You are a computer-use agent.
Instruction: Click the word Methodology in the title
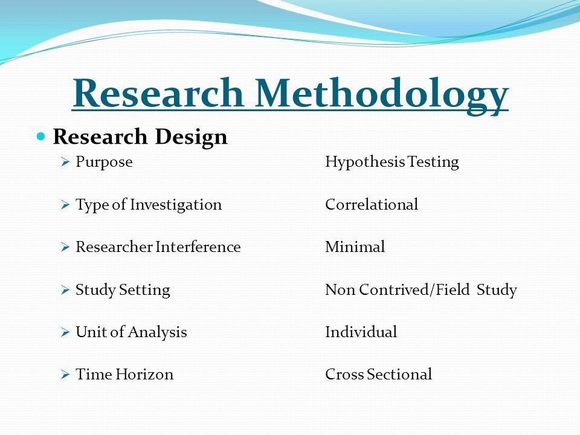click(x=382, y=95)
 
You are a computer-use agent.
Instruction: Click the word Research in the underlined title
click(x=158, y=92)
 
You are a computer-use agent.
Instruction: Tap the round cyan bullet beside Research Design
click(x=40, y=137)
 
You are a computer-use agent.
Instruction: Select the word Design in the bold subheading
click(x=191, y=138)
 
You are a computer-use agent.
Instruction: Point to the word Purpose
click(x=104, y=163)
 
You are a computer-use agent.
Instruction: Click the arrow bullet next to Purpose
click(x=65, y=162)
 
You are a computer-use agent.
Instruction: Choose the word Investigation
click(x=176, y=205)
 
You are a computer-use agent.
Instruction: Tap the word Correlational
click(x=372, y=205)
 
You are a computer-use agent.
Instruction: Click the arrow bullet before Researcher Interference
click(x=65, y=246)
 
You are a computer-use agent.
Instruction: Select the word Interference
click(x=198, y=246)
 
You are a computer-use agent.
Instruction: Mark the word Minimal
click(x=355, y=246)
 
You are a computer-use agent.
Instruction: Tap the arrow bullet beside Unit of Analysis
click(x=65, y=332)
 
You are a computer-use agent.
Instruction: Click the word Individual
click(x=361, y=332)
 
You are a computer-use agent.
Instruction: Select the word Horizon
click(x=144, y=375)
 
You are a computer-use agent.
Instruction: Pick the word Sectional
click(x=399, y=375)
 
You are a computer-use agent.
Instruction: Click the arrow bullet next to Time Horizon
click(x=65, y=375)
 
